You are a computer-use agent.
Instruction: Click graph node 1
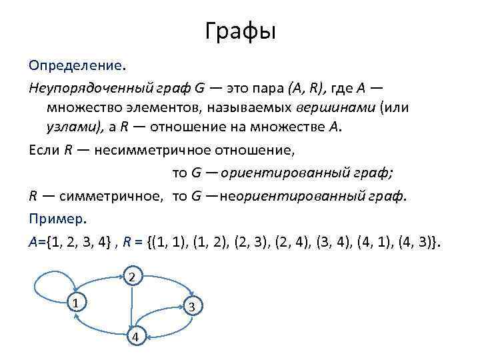coord(77,303)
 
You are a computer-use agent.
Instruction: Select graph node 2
coord(133,276)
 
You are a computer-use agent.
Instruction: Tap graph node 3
coord(191,307)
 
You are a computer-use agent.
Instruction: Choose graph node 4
coord(135,337)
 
